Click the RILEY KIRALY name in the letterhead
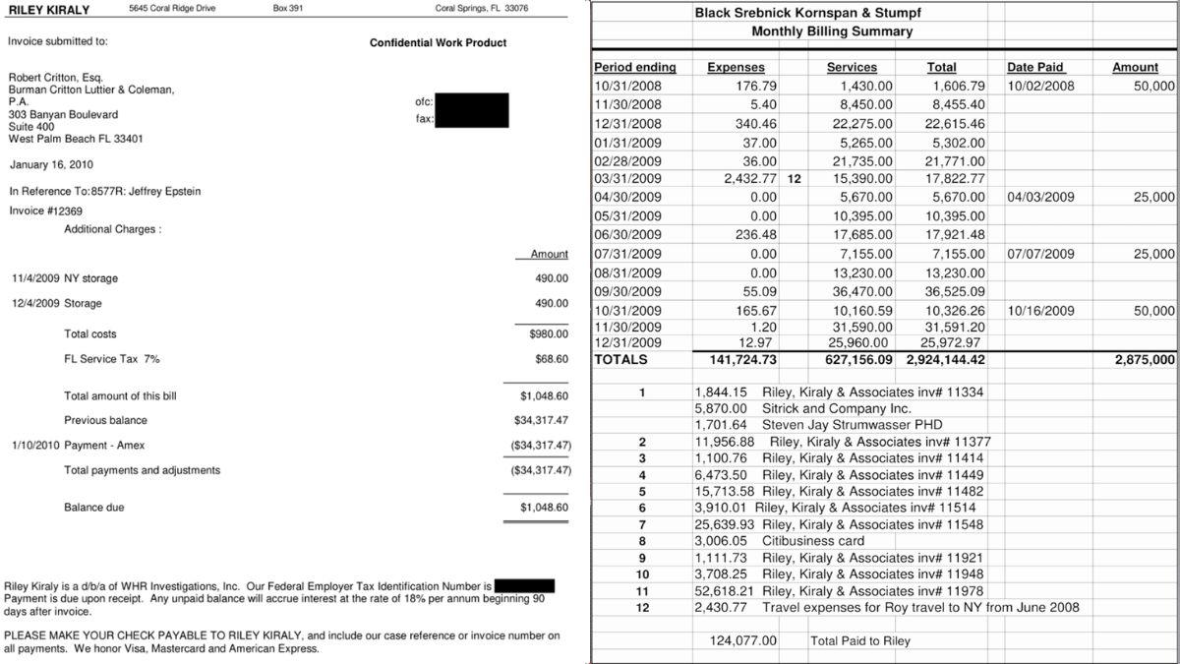click(x=48, y=10)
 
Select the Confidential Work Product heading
click(x=438, y=43)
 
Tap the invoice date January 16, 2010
click(x=50, y=164)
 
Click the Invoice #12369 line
click(x=45, y=211)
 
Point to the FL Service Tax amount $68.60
click(x=551, y=359)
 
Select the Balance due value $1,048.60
click(x=544, y=508)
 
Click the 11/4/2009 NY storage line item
click(x=64, y=278)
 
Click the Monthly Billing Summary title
click(x=832, y=31)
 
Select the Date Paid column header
click(x=1034, y=67)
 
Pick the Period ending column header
click(x=634, y=67)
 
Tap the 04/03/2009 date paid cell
click(x=1040, y=197)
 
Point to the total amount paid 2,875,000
click(x=1145, y=360)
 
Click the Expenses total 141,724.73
click(x=742, y=360)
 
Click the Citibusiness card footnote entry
click(x=813, y=541)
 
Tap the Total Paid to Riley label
click(x=860, y=641)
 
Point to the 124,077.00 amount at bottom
click(x=742, y=641)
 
